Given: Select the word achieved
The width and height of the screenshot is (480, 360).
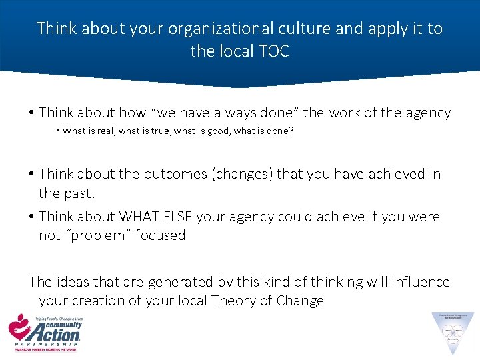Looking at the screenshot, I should coord(388,174).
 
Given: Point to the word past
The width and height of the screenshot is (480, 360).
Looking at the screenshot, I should coord(84,193).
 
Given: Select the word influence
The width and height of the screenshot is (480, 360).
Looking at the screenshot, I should coord(414,282).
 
